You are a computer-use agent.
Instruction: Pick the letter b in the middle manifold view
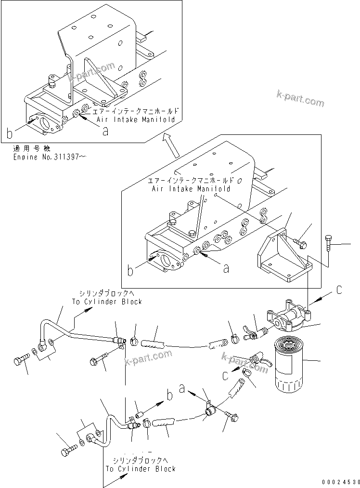pyautogui.click(x=130, y=271)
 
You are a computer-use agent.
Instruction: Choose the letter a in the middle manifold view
pyautogui.click(x=226, y=269)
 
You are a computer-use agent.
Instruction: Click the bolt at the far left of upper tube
pyautogui.click(x=22, y=359)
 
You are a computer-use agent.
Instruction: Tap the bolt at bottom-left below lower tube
pyautogui.click(x=66, y=451)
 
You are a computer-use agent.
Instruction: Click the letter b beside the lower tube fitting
pyautogui.click(x=169, y=396)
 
